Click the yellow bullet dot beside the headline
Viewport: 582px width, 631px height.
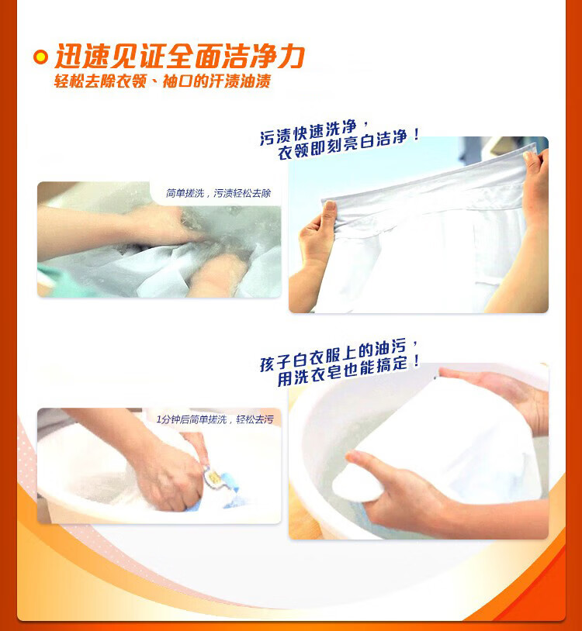[40, 57]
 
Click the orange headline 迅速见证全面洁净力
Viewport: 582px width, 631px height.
[179, 57]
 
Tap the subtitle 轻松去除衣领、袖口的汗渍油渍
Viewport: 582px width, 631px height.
[162, 81]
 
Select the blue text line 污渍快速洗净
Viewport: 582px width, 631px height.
[309, 132]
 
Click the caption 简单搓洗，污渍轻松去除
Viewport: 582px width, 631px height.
[218, 193]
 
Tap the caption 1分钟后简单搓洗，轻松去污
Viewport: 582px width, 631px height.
[215, 419]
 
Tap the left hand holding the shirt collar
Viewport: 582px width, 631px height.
[317, 233]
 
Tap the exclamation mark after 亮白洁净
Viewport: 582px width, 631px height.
[417, 134]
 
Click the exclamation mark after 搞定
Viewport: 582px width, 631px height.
[417, 360]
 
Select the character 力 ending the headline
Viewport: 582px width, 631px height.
[289, 57]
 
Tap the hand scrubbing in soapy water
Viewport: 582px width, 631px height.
[161, 226]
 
